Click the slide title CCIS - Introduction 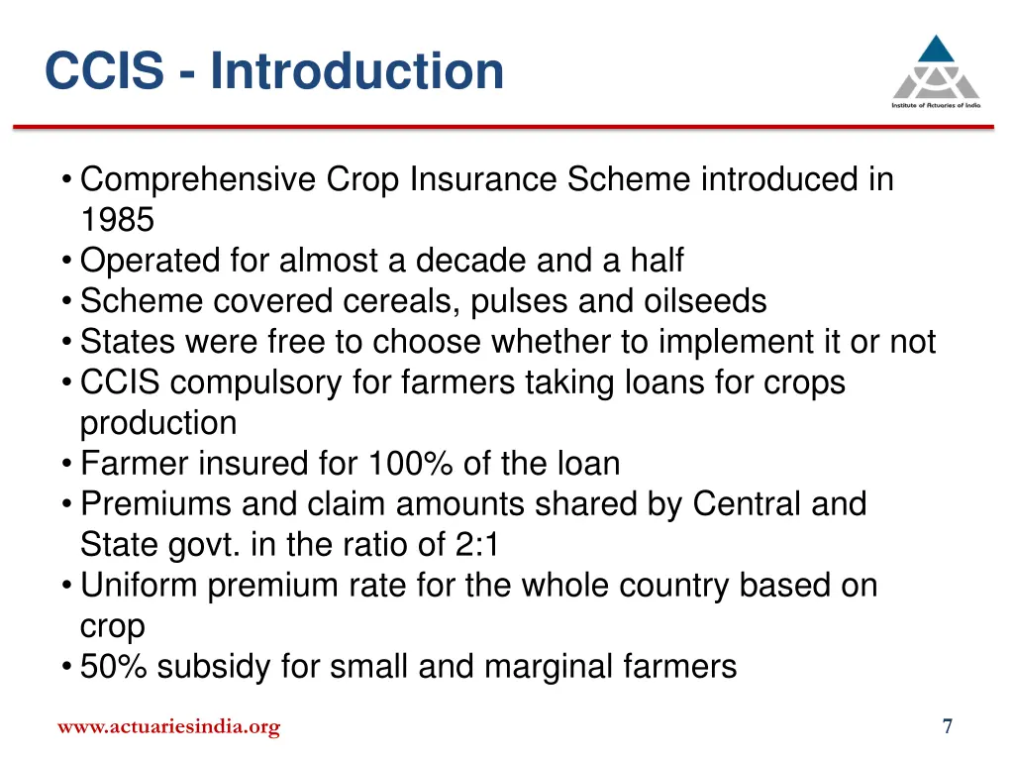(274, 71)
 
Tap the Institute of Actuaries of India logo (935, 72)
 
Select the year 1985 (117, 220)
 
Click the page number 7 (948, 727)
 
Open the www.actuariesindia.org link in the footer (168, 728)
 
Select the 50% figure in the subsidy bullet (114, 667)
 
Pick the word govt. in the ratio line (192, 545)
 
